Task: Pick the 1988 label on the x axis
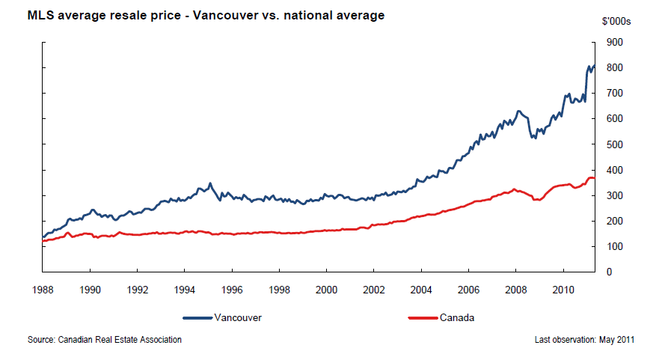pos(43,288)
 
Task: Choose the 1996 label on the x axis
pos(232,288)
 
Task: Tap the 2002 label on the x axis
pos(374,288)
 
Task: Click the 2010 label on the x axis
pos(563,288)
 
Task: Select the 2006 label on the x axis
pos(468,288)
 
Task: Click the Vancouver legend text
pos(238,317)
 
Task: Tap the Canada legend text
pos(457,317)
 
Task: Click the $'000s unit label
pos(616,22)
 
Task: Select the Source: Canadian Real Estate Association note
pos(105,340)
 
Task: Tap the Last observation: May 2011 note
pos(585,340)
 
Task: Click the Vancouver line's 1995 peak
pos(210,183)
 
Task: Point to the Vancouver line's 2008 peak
pos(518,112)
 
